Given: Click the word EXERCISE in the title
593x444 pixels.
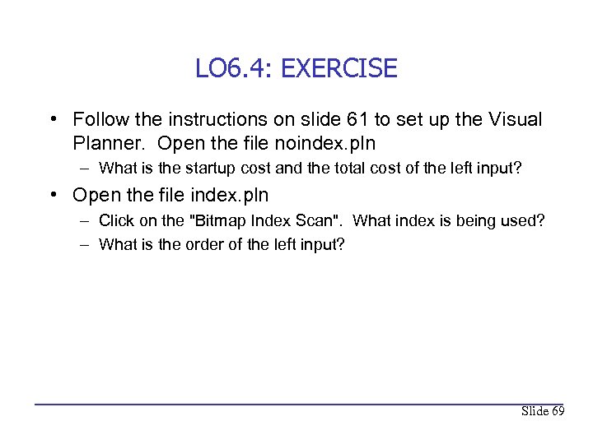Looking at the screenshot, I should pyautogui.click(x=339, y=68).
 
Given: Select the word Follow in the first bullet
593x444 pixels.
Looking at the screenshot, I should pyautogui.click(x=99, y=120).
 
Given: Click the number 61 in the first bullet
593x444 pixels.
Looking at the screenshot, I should pyautogui.click(x=369, y=120).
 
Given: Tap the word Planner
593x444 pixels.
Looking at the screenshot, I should pyautogui.click(x=110, y=143).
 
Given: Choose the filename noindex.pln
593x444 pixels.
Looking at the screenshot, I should pyautogui.click(x=327, y=143).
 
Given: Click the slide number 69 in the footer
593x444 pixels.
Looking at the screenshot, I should pyautogui.click(x=556, y=411).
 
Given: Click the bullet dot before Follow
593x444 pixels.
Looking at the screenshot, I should pyautogui.click(x=53, y=121).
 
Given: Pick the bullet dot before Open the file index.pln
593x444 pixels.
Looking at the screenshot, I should pyautogui.click(x=53, y=197).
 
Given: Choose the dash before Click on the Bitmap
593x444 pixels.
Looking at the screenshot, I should pyautogui.click(x=86, y=222).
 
